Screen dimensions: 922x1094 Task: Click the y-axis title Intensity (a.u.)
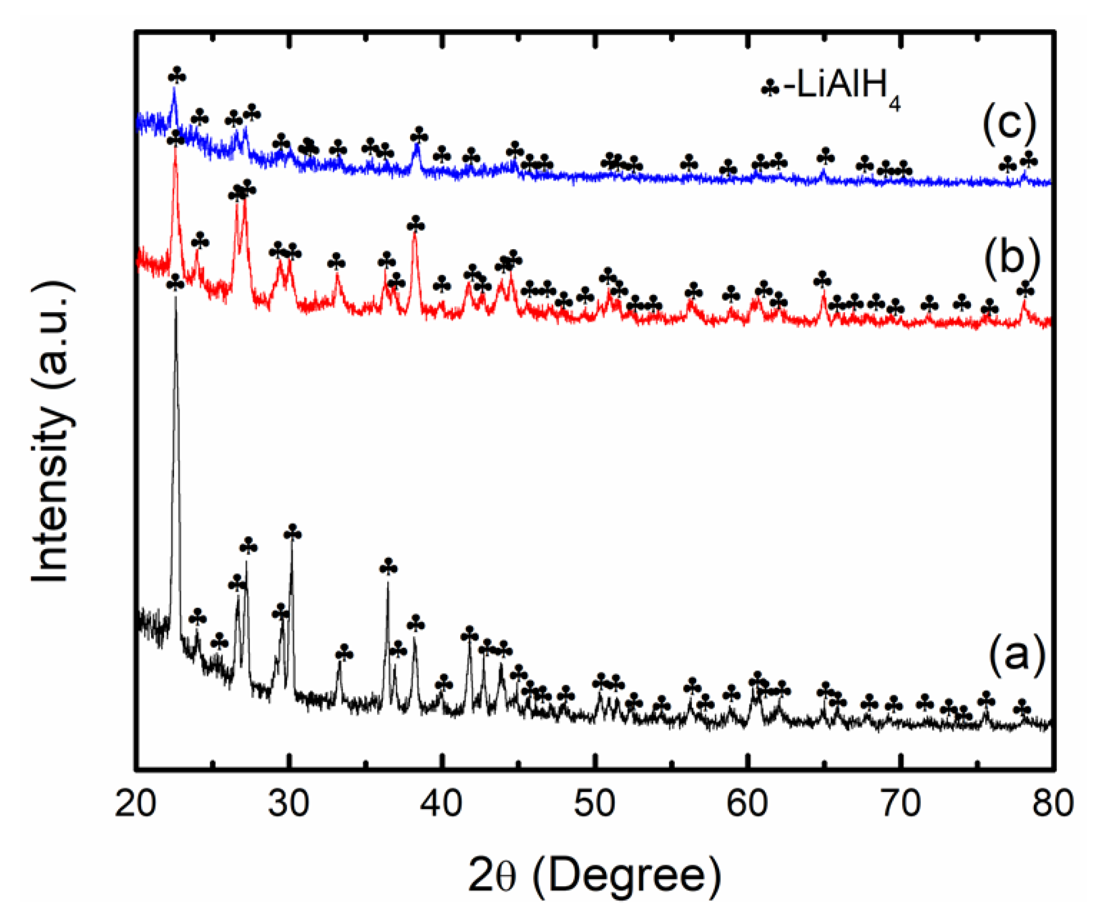point(52,431)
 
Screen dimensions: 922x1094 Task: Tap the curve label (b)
point(1011,258)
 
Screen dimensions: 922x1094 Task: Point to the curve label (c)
point(1009,124)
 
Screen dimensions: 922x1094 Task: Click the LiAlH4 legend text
point(842,86)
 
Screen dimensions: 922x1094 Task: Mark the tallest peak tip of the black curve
point(175,296)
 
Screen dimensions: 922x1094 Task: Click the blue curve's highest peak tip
point(174,88)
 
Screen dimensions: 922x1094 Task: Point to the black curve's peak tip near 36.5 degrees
point(388,582)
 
